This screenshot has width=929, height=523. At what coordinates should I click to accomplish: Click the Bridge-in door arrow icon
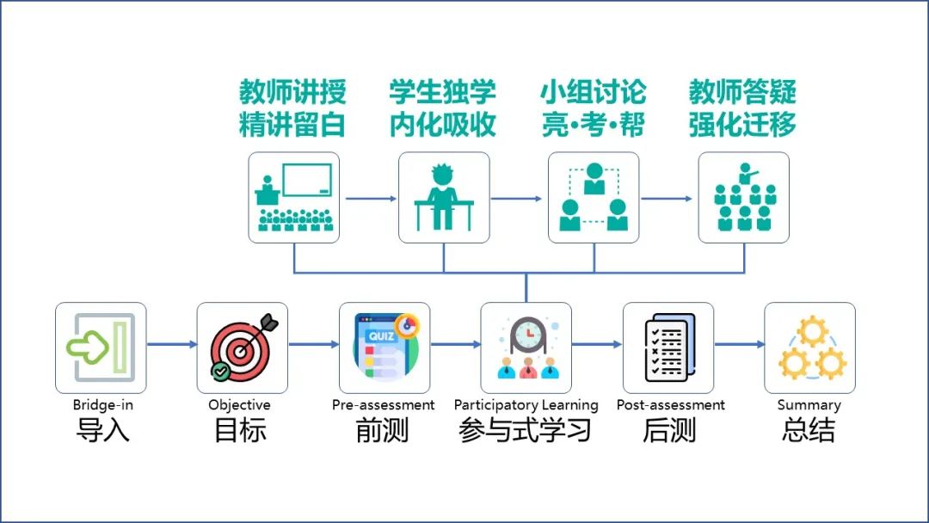coord(101,348)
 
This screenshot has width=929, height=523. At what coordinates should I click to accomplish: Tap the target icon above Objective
coord(243,348)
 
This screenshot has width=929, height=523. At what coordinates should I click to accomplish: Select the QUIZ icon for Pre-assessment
coord(385,348)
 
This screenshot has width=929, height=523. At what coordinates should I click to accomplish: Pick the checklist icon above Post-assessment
coord(668,348)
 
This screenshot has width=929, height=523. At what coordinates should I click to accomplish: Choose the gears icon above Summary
coord(809,348)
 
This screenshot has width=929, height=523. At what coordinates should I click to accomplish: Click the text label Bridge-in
coord(102,405)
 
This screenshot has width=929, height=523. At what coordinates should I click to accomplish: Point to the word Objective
coord(239,405)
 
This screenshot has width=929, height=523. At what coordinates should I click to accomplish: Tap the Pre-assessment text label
coord(384,405)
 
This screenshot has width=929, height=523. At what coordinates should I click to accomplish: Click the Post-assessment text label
coord(671,405)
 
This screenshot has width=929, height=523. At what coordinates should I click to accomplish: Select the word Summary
coord(809,405)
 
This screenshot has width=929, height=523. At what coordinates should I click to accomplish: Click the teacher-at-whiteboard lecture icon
coord(294,198)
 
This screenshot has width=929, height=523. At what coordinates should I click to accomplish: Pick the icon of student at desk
coord(444,198)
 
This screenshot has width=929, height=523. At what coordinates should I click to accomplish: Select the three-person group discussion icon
coord(594,198)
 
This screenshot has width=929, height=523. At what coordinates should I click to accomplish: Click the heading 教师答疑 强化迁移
coord(742,108)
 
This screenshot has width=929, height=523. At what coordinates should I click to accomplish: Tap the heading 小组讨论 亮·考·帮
coord(593,108)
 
